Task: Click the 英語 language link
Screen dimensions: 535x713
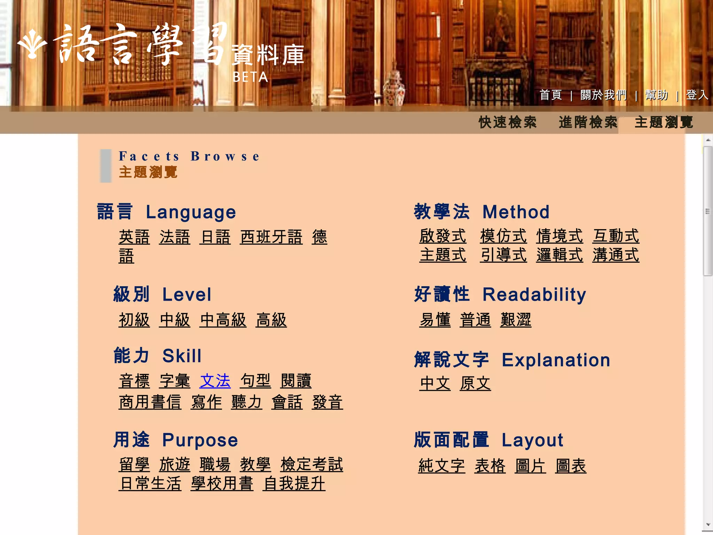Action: pyautogui.click(x=134, y=237)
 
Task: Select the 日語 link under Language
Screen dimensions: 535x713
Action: pyautogui.click(x=215, y=237)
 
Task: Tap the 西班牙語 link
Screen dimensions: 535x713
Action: pyautogui.click(x=271, y=237)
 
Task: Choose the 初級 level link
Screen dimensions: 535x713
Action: pyautogui.click(x=134, y=320)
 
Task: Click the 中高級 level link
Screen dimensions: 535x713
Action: pyautogui.click(x=223, y=320)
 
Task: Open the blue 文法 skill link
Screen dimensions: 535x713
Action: pyautogui.click(x=215, y=381)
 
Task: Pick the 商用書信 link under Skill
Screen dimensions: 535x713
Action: pyautogui.click(x=150, y=402)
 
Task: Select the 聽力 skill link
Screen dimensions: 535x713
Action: pyautogui.click(x=246, y=402)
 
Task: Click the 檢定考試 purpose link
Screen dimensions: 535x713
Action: pyautogui.click(x=312, y=464)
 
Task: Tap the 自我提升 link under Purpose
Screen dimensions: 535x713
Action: pyautogui.click(x=294, y=483)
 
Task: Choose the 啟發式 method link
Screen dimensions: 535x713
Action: pyautogui.click(x=442, y=236)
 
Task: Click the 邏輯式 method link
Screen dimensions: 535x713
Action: pyautogui.click(x=559, y=255)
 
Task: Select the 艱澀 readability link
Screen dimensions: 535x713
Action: pyautogui.click(x=516, y=320)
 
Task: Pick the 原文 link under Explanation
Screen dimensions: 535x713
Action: pyautogui.click(x=475, y=383)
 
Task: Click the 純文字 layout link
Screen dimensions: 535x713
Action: pyautogui.click(x=441, y=466)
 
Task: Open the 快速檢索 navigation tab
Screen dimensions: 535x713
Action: pyautogui.click(x=508, y=122)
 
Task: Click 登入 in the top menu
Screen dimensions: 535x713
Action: pyautogui.click(x=697, y=95)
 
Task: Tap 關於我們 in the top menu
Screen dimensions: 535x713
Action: pyautogui.click(x=603, y=95)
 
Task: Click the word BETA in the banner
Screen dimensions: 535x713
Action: pyautogui.click(x=250, y=77)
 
